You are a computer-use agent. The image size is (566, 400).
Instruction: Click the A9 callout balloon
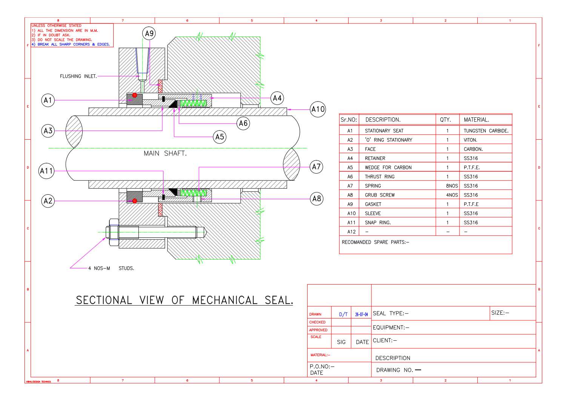[x=149, y=34]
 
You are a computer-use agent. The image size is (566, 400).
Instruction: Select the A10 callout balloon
[x=318, y=109]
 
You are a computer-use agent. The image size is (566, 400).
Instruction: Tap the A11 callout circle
[x=46, y=171]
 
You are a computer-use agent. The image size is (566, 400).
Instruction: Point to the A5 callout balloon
[x=220, y=137]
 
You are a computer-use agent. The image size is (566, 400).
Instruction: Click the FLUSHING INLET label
[x=78, y=76]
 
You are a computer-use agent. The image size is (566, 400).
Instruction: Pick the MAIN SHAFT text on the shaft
[x=165, y=153]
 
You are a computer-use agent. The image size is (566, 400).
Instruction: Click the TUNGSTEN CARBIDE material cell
[x=486, y=131]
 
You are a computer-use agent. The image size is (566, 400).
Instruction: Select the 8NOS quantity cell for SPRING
[x=452, y=186]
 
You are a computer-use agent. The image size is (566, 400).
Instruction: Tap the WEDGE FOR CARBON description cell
[x=388, y=168]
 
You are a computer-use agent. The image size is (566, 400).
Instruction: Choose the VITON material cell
[x=470, y=140]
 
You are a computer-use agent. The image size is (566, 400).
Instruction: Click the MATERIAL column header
[x=476, y=120]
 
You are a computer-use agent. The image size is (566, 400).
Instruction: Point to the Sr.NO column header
[x=349, y=120]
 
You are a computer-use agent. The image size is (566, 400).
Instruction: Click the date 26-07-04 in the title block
[x=361, y=314]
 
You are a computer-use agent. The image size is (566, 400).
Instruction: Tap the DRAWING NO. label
[x=395, y=370]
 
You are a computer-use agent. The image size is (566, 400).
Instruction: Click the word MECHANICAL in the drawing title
[x=225, y=300]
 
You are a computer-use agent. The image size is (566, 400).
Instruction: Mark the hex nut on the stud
[x=113, y=232]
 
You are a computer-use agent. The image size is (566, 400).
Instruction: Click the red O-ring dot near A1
[x=134, y=95]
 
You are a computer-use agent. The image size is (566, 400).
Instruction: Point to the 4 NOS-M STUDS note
[x=111, y=268]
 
